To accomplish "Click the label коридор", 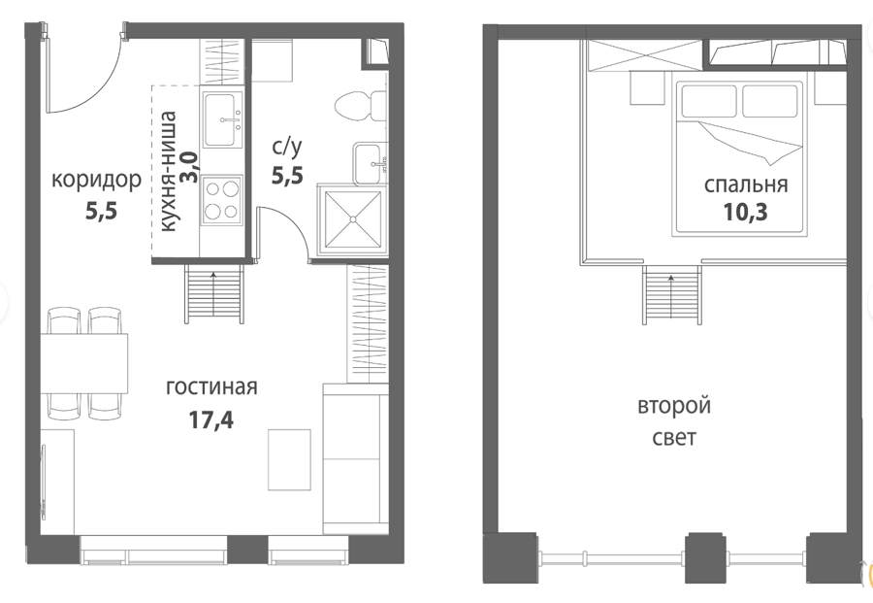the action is point(96,182).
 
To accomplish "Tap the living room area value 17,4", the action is point(211,420).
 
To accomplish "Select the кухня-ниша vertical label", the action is point(168,171).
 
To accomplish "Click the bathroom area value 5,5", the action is point(287,176).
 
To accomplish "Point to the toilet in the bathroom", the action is point(361,105).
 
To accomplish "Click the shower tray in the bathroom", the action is point(352,219).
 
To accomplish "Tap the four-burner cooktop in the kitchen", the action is point(222,199).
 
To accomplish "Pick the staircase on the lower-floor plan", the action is point(214,293).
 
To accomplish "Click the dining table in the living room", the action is point(84,363).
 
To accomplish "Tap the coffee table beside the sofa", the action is point(289,459).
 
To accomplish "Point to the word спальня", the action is point(746,184).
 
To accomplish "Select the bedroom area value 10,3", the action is point(746,212).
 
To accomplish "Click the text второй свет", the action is point(674,421).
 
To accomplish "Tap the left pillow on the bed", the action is point(709,101).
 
